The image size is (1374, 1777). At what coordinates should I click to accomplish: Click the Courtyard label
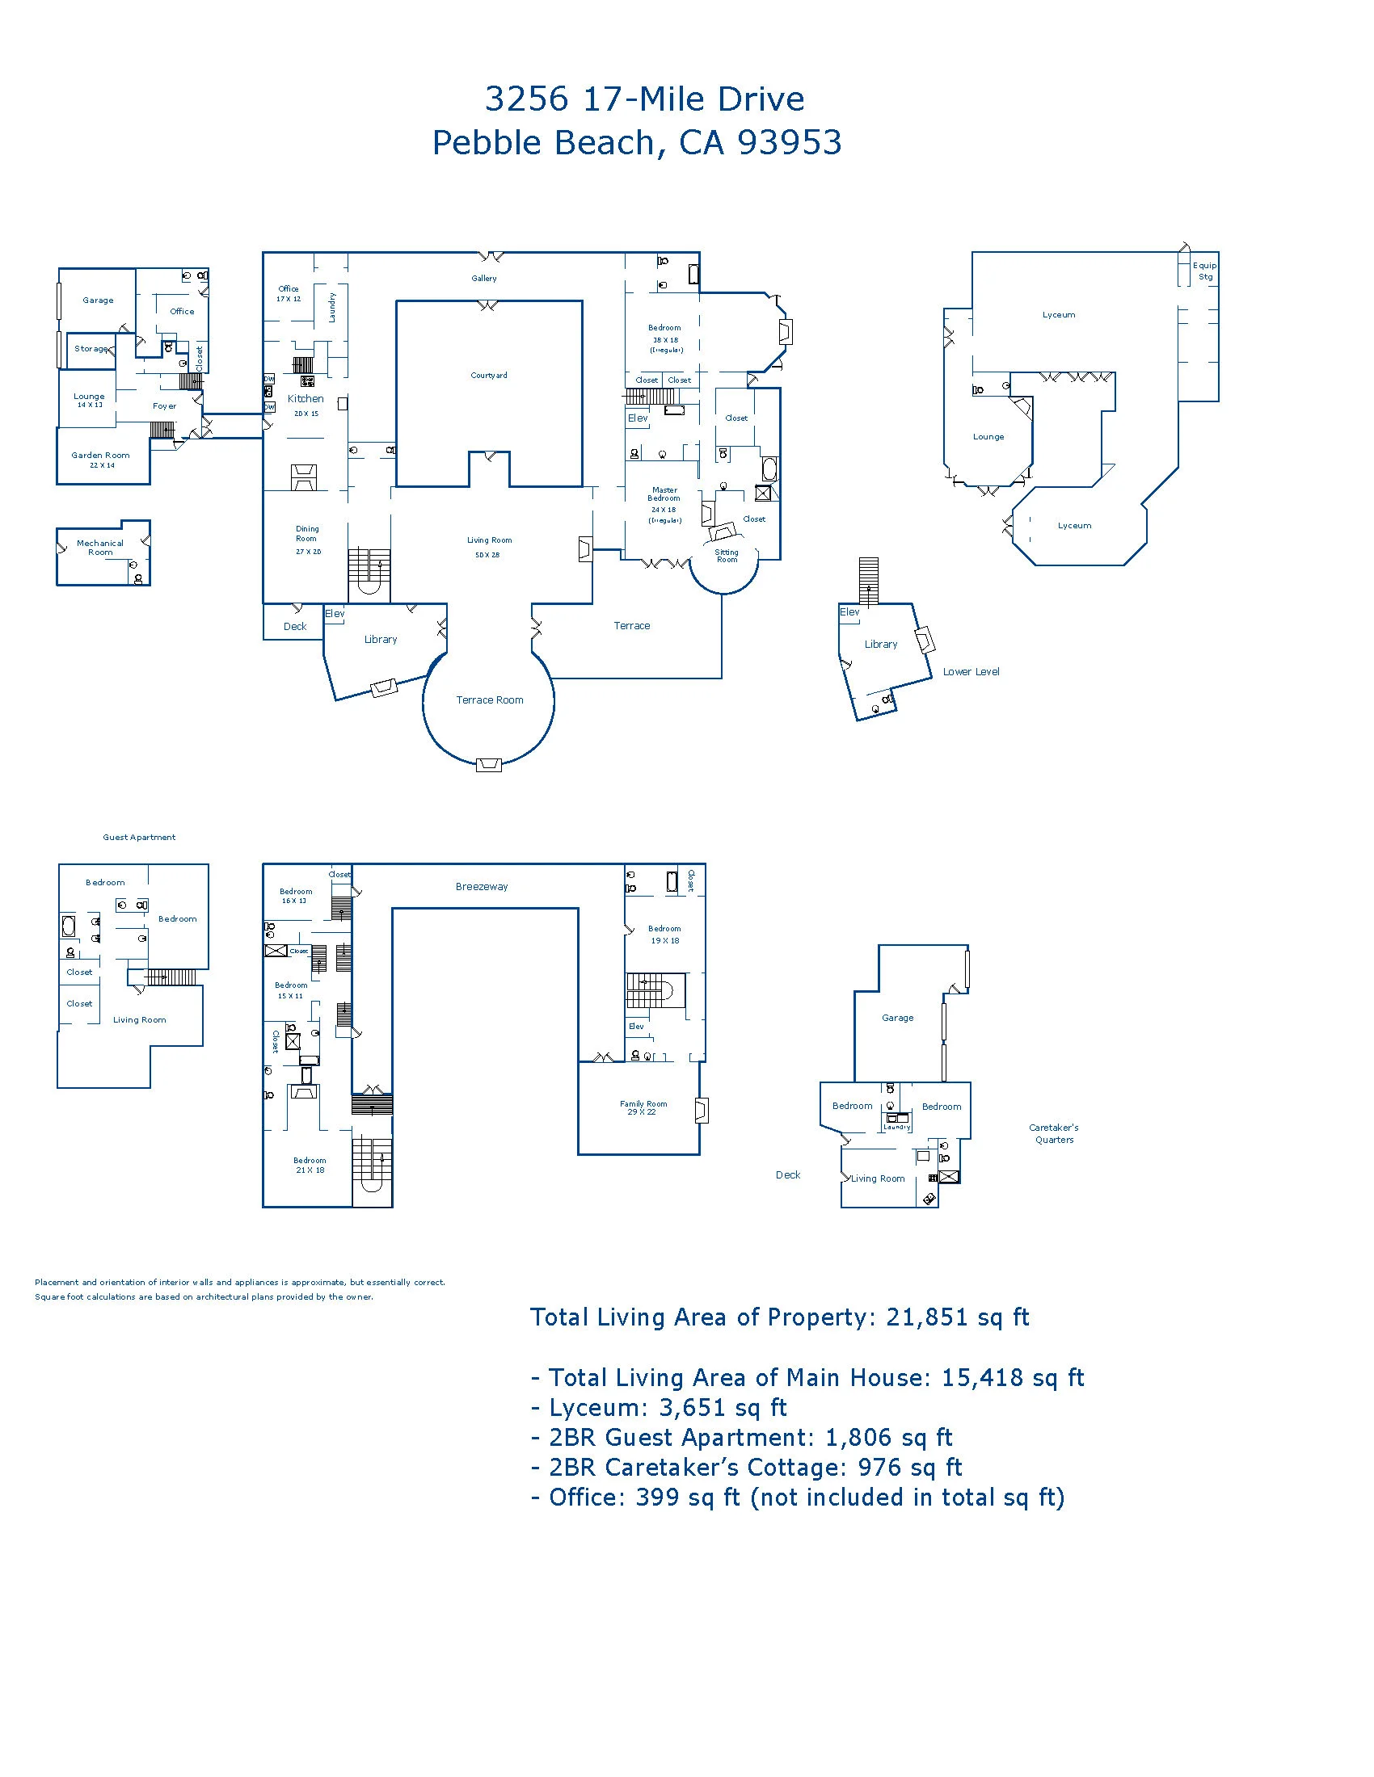[x=488, y=375]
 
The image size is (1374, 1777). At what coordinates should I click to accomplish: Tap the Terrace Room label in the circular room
[x=489, y=699]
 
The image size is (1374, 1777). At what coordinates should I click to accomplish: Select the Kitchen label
[x=306, y=399]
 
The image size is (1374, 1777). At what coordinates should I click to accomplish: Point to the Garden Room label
[x=100, y=456]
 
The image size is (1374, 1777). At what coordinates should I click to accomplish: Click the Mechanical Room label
[x=100, y=548]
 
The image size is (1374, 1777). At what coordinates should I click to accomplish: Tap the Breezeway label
[x=481, y=887]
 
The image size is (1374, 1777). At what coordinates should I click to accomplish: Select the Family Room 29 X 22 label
[x=643, y=1107]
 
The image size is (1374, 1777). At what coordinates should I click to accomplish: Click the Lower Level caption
[x=970, y=672]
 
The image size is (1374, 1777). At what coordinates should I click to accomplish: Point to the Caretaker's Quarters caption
[x=1053, y=1133]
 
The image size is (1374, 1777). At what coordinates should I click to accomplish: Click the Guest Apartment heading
[x=138, y=838]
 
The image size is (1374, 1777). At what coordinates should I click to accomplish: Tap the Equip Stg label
[x=1205, y=271]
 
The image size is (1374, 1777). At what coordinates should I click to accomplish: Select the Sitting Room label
[x=727, y=556]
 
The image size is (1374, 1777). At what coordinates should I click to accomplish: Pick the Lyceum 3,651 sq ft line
[x=660, y=1408]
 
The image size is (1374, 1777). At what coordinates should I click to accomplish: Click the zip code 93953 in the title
[x=790, y=142]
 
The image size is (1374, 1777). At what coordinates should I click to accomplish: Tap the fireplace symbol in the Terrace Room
[x=488, y=764]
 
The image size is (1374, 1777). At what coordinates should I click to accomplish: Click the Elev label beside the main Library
[x=335, y=614]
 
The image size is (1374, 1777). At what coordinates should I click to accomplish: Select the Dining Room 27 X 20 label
[x=308, y=540]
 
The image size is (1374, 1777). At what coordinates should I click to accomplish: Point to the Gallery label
[x=483, y=279]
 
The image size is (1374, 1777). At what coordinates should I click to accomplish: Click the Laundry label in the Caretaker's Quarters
[x=896, y=1127]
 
